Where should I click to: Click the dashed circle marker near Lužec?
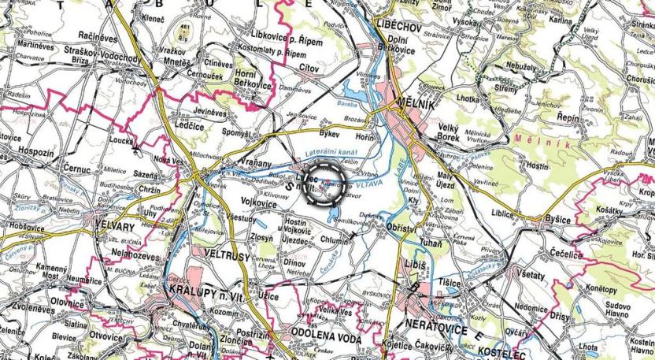(x=324, y=184)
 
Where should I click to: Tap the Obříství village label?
(x=405, y=226)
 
